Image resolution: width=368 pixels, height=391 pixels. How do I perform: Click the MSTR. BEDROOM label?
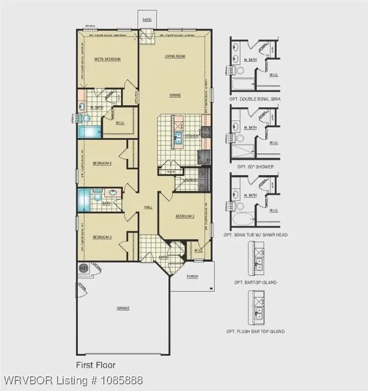(107, 59)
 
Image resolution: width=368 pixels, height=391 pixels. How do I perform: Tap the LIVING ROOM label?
(174, 57)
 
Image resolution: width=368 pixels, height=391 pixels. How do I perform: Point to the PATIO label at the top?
(148, 21)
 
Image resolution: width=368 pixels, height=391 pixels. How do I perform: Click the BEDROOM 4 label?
(102, 163)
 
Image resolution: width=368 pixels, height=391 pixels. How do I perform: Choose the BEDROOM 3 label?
(102, 237)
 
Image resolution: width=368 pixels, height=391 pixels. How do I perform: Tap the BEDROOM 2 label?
(185, 216)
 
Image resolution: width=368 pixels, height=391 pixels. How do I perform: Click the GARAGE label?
(122, 308)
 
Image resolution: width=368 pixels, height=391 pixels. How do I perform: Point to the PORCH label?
(193, 276)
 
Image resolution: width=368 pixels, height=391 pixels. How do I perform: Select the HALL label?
(148, 207)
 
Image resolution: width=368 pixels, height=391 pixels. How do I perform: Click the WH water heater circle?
(83, 268)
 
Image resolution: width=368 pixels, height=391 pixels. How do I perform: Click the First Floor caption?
(96, 365)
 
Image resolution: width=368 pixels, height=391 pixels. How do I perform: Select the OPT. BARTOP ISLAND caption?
(255, 282)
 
